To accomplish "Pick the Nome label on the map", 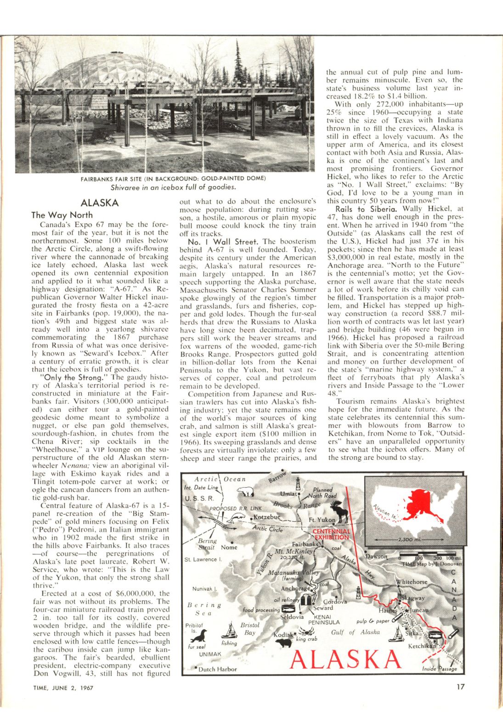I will pyautogui.click(x=229, y=547).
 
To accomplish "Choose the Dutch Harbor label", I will pyautogui.click(x=217, y=669).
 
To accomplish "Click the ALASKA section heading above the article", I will pyautogui.click(x=99, y=203).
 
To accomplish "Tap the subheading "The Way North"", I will pyautogui.click(x=62, y=215).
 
